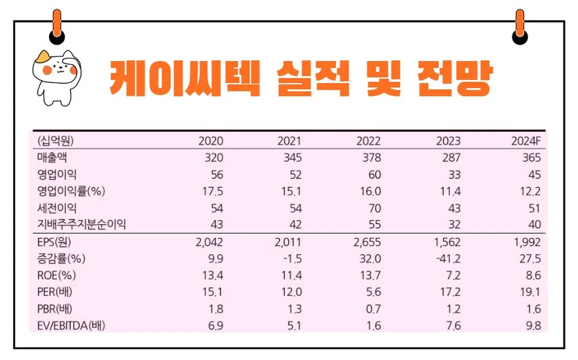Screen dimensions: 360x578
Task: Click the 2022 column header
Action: click(368, 141)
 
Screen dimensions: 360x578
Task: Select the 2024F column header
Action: click(526, 141)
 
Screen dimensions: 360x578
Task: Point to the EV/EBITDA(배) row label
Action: click(71, 325)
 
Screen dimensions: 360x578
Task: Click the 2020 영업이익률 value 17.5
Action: click(211, 192)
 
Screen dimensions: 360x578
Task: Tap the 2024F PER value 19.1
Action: click(530, 292)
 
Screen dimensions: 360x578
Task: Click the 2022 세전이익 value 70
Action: click(374, 208)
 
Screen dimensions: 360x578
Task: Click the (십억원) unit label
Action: click(55, 141)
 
